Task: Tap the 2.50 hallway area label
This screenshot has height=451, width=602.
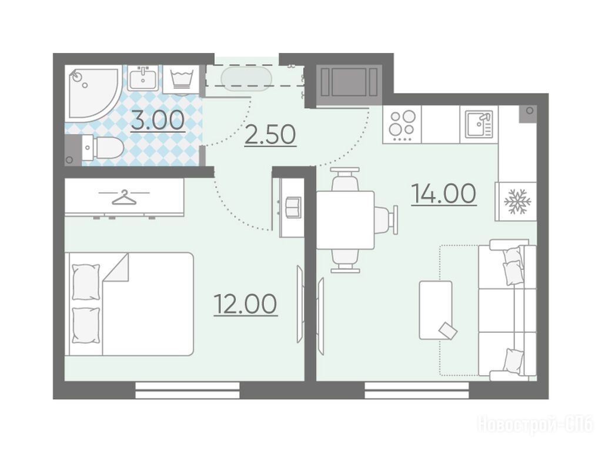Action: [x=270, y=135]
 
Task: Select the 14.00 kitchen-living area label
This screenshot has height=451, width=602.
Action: [x=444, y=193]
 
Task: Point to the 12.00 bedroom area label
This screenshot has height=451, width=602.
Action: [x=245, y=304]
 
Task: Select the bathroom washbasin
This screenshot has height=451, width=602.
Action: [x=142, y=78]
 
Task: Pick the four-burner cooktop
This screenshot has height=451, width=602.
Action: [x=402, y=125]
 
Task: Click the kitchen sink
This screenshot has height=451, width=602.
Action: [x=479, y=124]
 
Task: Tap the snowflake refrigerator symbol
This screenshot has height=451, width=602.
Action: [x=517, y=201]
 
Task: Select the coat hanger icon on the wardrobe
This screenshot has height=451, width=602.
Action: [x=124, y=197]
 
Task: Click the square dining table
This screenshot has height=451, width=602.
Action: [x=345, y=220]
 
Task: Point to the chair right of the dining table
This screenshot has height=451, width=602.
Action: [x=386, y=220]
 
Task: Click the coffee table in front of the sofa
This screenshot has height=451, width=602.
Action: [x=436, y=310]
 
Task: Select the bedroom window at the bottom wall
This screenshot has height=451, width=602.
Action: [x=188, y=390]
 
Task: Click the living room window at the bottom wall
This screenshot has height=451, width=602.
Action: [x=417, y=390]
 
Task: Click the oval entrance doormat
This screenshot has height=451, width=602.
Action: [x=246, y=79]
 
